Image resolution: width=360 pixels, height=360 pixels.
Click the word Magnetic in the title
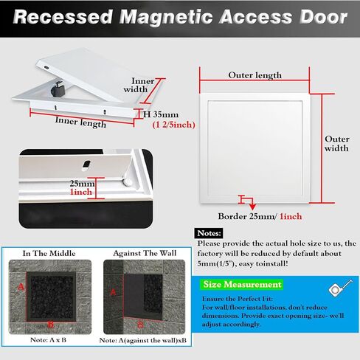click(166, 17)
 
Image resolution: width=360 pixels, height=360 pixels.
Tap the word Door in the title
click(324, 17)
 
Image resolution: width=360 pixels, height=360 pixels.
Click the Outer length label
click(255, 75)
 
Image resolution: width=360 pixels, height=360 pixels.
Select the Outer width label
click(336, 144)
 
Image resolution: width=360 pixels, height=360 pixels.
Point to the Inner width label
click(139, 85)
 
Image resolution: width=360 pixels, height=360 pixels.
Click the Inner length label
click(80, 122)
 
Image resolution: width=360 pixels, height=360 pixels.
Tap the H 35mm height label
click(161, 114)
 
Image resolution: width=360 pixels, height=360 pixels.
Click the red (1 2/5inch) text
click(174, 125)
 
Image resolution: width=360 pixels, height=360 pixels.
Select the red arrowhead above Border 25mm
click(252, 207)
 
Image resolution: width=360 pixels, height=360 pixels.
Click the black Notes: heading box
click(209, 233)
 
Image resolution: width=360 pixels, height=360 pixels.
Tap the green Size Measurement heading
click(242, 285)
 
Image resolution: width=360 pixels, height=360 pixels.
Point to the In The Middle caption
click(49, 253)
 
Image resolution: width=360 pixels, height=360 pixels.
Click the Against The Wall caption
click(145, 253)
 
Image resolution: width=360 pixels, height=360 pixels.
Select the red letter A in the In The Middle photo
click(21, 287)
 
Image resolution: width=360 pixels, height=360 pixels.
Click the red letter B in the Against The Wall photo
click(140, 325)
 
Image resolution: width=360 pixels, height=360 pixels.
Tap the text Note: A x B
click(48, 340)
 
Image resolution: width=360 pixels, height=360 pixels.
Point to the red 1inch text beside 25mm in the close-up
click(80, 192)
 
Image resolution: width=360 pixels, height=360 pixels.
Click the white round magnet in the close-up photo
click(128, 182)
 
